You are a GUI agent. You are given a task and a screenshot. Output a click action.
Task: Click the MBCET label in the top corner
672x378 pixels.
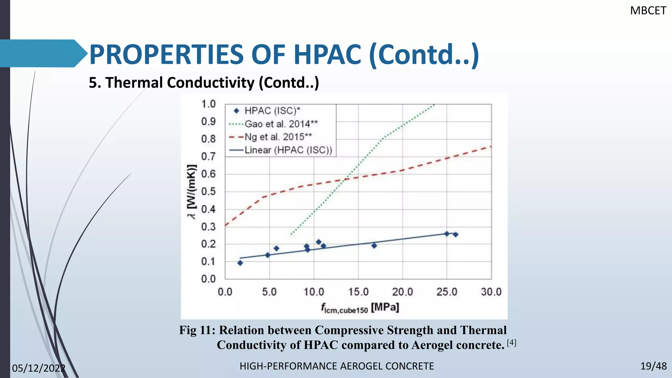[x=648, y=11]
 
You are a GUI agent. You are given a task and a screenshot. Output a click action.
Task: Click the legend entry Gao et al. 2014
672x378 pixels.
[x=281, y=124]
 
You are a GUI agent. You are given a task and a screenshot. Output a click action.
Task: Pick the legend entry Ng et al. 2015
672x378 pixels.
[x=278, y=136]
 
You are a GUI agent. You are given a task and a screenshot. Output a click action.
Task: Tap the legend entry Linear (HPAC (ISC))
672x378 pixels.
[x=288, y=150]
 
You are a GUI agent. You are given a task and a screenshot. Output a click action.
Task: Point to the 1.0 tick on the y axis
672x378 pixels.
[x=208, y=104]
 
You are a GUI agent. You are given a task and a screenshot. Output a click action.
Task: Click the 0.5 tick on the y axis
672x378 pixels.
[x=208, y=192]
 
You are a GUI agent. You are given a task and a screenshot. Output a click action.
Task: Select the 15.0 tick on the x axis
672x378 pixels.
[x=358, y=292]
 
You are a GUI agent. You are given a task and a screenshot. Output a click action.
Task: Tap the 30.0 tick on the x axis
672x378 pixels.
[x=491, y=292]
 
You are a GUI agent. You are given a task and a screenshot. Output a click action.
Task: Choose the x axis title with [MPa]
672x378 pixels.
[x=360, y=308]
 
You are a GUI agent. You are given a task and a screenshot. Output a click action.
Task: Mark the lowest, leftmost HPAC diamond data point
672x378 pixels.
[x=240, y=263]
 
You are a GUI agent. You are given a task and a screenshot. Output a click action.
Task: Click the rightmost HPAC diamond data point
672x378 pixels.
[x=455, y=234]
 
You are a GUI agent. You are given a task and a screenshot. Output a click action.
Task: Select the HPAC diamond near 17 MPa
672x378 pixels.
[x=374, y=245]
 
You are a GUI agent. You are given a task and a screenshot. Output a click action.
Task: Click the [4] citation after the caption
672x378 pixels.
[x=512, y=343]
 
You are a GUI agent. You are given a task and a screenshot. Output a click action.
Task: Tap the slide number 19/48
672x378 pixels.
[x=653, y=366]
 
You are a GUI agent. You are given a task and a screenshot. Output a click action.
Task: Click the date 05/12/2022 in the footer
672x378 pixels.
[x=39, y=368]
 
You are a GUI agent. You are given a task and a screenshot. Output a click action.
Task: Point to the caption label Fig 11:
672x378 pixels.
[x=197, y=330]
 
